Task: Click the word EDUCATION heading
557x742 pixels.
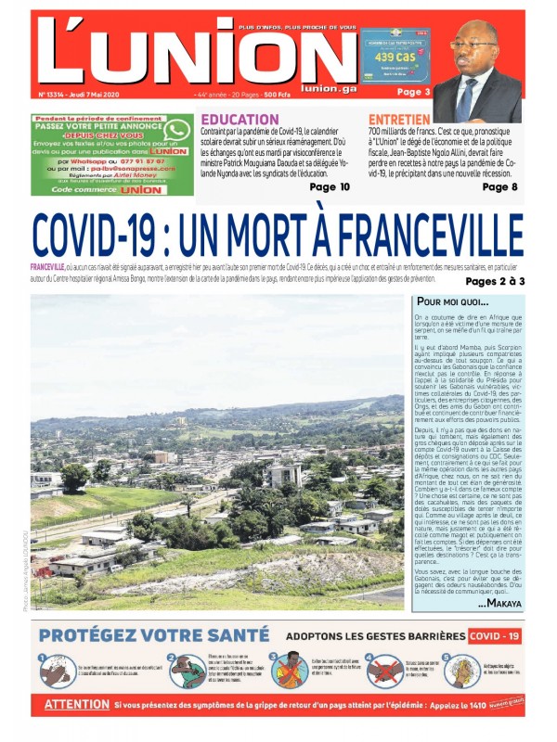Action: (x=240, y=120)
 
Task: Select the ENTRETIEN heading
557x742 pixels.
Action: (x=398, y=120)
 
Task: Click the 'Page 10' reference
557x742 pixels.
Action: (x=330, y=186)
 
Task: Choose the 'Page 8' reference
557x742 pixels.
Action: (x=500, y=186)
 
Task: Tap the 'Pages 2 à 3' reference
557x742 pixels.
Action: (x=495, y=281)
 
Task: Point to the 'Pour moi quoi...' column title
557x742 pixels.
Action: (x=452, y=302)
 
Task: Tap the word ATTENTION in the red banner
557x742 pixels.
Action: (x=77, y=706)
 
